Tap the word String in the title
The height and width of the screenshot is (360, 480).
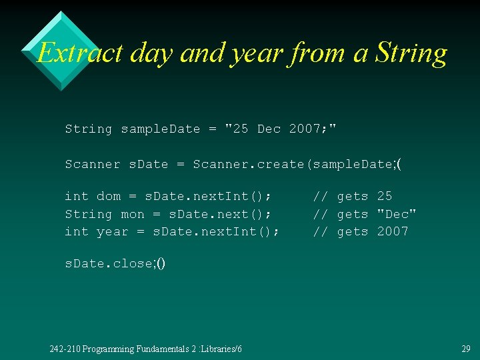coord(411,52)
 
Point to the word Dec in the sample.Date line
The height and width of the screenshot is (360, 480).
coord(269,129)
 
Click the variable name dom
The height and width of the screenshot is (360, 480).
coord(109,196)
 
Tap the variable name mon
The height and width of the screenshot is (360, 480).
coord(133,214)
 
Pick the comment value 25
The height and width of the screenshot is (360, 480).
coord(385,196)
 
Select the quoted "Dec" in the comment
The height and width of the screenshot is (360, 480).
coord(397,214)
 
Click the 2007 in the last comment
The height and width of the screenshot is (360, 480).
coord(393,231)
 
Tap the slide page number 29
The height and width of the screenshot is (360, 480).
coord(465,349)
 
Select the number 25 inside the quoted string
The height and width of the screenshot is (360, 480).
coord(237,129)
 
